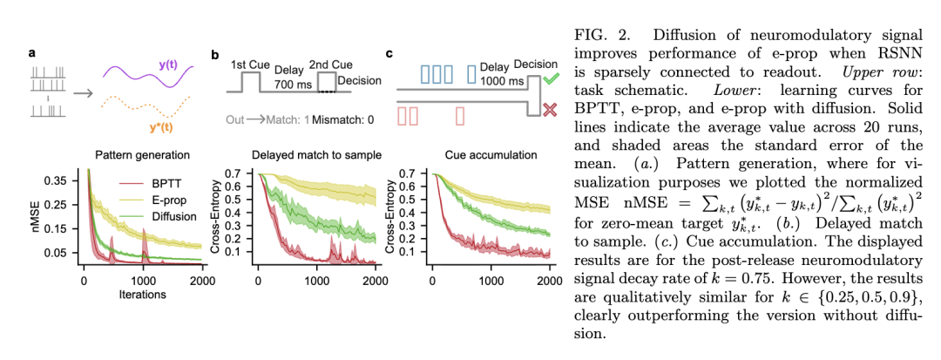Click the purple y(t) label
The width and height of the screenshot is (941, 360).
[172, 65]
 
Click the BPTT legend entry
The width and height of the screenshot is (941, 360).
[166, 185]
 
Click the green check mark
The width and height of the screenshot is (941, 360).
[550, 79]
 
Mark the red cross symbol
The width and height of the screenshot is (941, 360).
[550, 110]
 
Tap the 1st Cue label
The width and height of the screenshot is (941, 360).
[250, 65]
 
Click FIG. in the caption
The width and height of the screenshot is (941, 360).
[591, 36]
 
